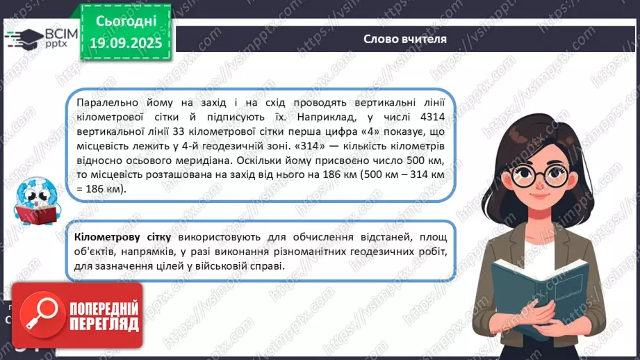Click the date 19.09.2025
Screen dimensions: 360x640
[x=125, y=43]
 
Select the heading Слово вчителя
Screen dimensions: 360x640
[x=404, y=39]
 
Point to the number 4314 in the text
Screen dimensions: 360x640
[x=438, y=115]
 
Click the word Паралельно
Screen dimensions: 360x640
[x=104, y=101]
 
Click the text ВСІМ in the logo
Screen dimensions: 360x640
[x=55, y=32]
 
